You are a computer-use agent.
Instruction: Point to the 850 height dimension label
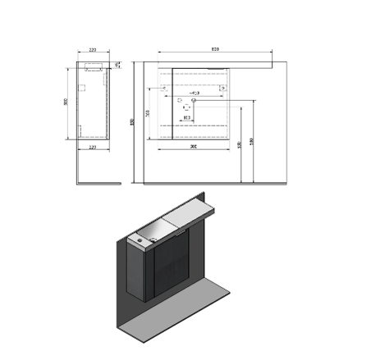pyautogui.click(x=132, y=122)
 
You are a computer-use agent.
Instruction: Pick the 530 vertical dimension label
pyautogui.click(x=239, y=144)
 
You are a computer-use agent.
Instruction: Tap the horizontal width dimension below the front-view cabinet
pyautogui.click(x=192, y=146)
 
